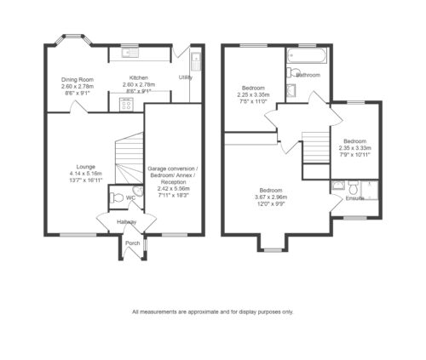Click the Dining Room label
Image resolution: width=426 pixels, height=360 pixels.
(78, 79)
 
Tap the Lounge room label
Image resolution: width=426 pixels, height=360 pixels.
(86, 167)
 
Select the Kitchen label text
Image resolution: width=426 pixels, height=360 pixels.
(139, 77)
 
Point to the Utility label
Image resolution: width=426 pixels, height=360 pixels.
(186, 77)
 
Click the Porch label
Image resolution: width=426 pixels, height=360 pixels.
(133, 243)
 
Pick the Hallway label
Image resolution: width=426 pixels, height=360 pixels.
(127, 222)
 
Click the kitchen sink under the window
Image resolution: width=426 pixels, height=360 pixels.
(130, 53)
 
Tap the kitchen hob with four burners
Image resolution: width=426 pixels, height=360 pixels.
(127, 104)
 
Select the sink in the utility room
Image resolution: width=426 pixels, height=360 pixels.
(196, 61)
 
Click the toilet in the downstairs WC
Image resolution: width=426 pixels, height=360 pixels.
(117, 197)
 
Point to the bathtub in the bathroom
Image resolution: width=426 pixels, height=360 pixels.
(307, 55)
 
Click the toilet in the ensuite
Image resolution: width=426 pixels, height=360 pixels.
(354, 186)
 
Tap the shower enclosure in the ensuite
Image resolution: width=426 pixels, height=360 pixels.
(370, 191)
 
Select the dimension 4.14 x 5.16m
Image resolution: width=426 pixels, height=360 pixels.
(86, 174)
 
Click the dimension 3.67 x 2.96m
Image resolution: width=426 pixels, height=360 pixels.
(271, 197)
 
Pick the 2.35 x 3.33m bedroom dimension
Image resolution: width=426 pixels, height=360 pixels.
(355, 148)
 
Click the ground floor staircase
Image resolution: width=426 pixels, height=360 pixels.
(129, 158)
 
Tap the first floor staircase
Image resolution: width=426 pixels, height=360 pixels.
(316, 147)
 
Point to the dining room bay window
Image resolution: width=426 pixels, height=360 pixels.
(73, 40)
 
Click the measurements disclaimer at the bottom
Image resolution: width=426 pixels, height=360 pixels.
(213, 312)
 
